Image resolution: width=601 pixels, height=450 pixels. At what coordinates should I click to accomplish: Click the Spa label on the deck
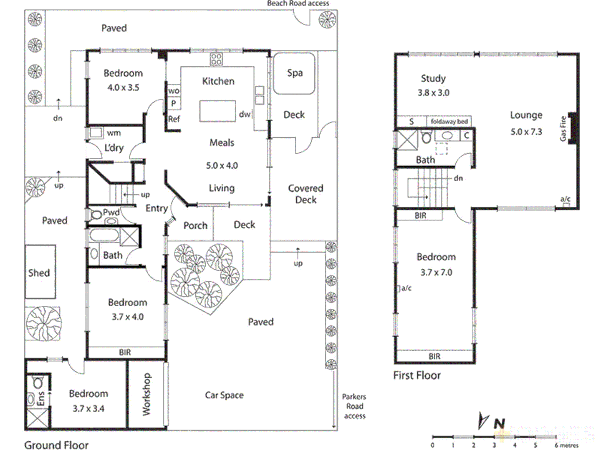click(295, 73)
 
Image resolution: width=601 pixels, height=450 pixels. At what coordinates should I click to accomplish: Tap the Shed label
click(39, 273)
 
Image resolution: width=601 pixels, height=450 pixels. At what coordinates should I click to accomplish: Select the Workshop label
click(146, 394)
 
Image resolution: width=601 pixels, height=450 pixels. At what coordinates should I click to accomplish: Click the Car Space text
click(224, 395)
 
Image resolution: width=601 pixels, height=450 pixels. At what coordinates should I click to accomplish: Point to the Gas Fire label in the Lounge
click(563, 129)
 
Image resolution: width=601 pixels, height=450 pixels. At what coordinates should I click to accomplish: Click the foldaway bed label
click(449, 122)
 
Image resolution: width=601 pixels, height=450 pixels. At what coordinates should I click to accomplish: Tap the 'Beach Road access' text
click(298, 3)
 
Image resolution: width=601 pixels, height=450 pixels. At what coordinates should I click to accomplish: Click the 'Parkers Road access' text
click(354, 406)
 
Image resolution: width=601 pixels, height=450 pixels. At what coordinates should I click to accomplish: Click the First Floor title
click(417, 375)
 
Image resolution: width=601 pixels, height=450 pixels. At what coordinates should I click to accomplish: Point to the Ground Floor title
click(56, 445)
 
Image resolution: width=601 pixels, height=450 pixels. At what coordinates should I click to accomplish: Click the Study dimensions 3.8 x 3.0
click(434, 93)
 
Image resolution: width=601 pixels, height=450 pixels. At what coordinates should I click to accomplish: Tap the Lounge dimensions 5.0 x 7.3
click(526, 132)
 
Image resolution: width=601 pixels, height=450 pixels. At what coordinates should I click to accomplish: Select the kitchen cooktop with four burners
click(216, 59)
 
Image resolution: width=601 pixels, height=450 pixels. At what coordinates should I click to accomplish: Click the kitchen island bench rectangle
click(217, 111)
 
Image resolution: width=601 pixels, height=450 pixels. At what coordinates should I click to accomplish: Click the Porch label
click(195, 225)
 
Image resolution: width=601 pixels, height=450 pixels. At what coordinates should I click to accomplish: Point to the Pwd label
click(111, 212)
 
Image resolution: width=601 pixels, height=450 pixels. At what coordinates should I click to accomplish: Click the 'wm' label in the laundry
click(114, 133)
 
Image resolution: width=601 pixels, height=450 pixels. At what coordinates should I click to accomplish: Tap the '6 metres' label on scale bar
click(566, 445)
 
